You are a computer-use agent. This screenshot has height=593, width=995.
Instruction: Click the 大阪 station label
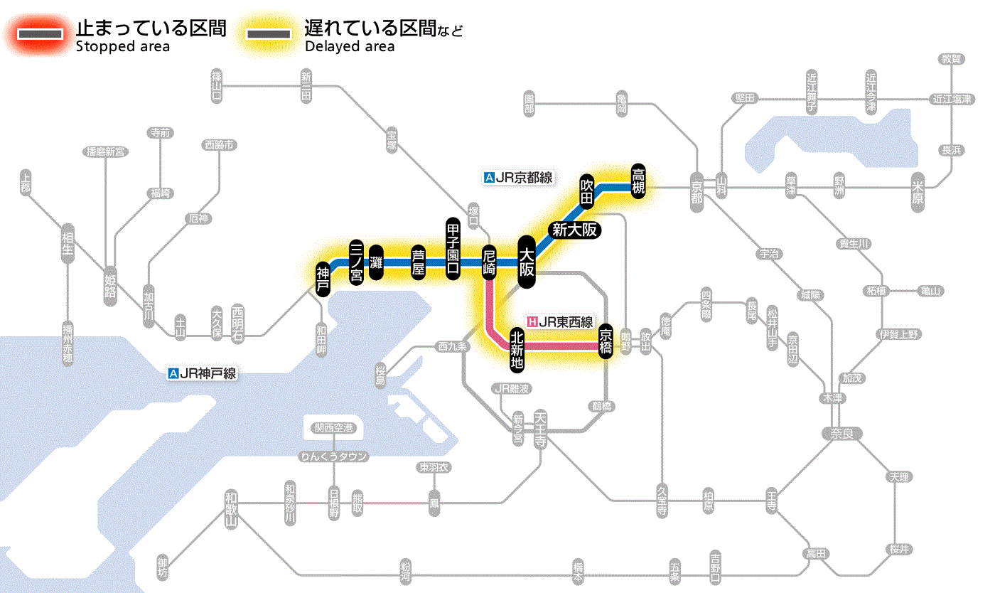(527, 262)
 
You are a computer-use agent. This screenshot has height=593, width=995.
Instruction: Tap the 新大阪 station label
(574, 230)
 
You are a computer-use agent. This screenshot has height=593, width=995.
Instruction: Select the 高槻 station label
(638, 182)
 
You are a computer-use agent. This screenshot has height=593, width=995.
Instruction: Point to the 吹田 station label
(586, 190)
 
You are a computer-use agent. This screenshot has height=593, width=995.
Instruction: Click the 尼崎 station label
(489, 262)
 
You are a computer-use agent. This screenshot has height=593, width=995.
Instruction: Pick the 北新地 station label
(517, 348)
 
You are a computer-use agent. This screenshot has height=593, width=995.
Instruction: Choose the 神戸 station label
(323, 278)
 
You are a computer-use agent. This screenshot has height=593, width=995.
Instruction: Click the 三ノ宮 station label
(357, 262)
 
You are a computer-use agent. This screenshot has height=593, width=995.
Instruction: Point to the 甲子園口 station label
(453, 249)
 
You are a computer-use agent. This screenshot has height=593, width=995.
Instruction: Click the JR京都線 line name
(518, 178)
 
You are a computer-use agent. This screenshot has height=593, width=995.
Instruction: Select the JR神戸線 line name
(203, 373)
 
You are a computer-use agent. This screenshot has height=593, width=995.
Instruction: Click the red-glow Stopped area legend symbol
(43, 34)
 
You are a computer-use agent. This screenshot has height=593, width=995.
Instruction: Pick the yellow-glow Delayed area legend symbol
(269, 34)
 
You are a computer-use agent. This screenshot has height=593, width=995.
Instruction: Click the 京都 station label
(696, 190)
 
